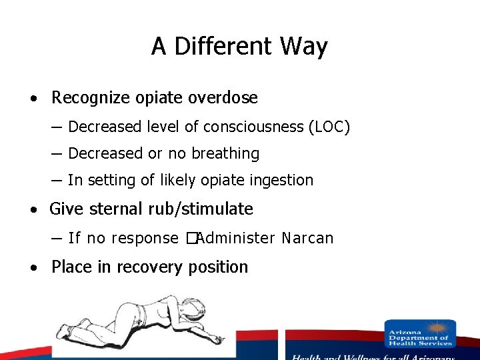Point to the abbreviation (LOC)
[x=329, y=127]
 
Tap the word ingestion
[x=281, y=180]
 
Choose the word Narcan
[x=307, y=238]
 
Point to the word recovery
[x=151, y=267]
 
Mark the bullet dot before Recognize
[x=33, y=99]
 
